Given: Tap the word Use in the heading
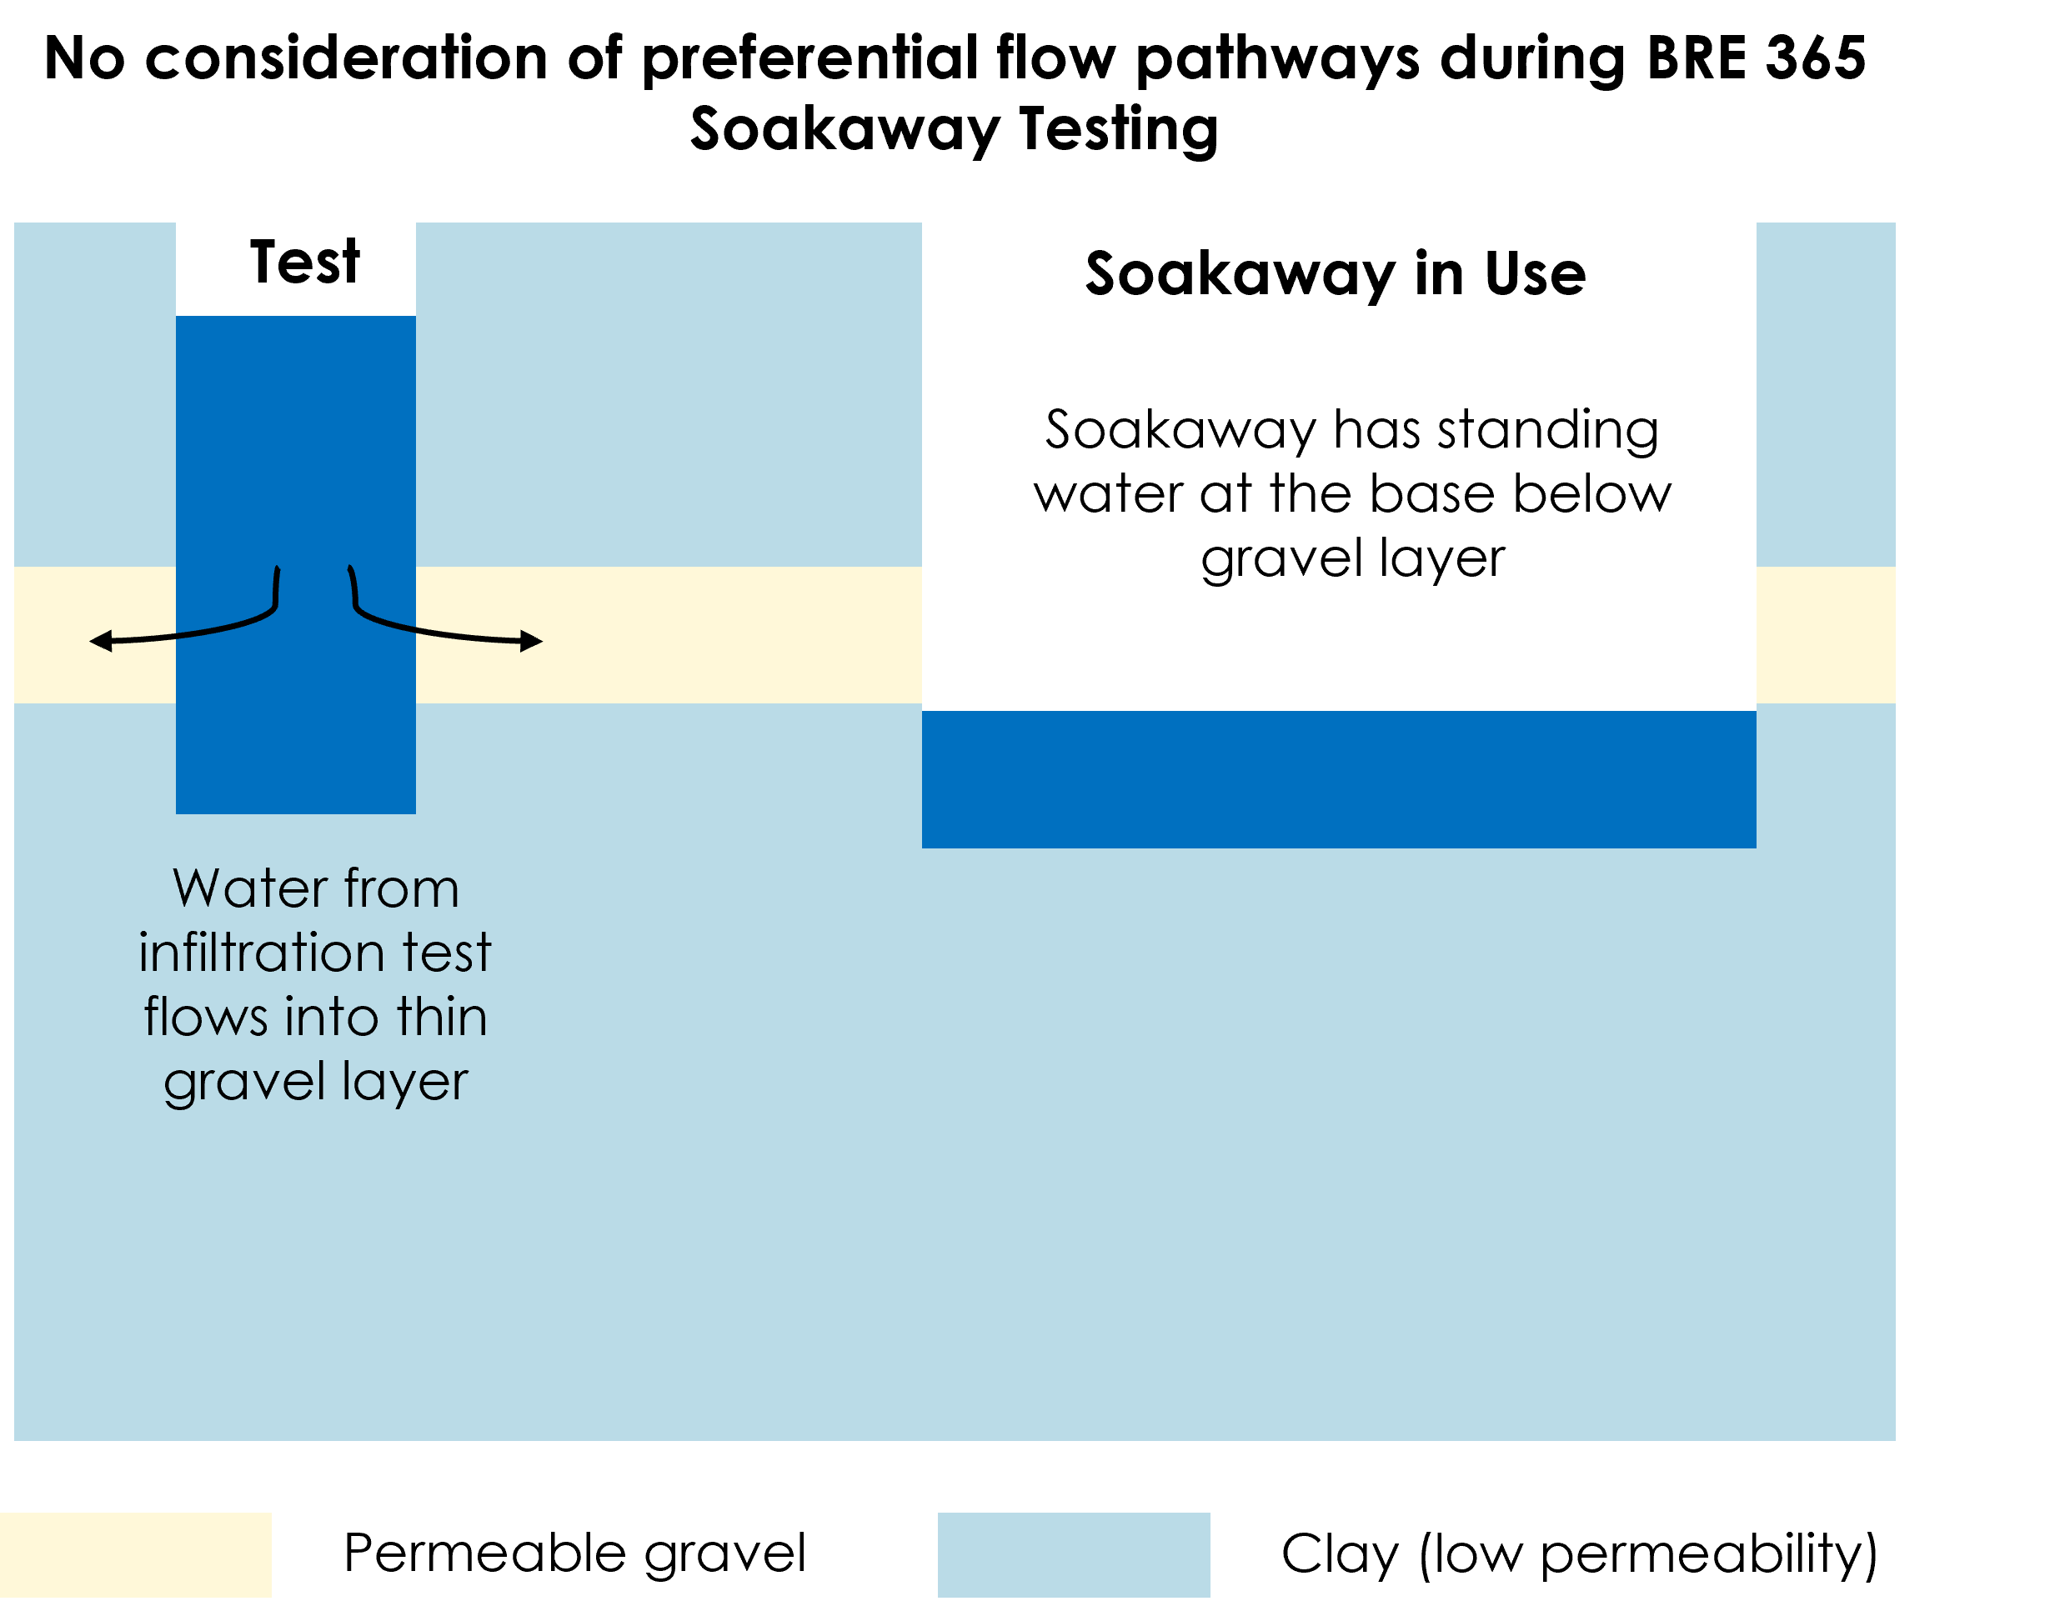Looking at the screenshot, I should click(x=1535, y=274).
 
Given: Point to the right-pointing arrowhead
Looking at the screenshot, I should click(x=532, y=641).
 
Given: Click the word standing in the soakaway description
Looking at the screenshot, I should click(x=1547, y=432).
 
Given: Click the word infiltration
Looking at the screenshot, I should click(x=261, y=952).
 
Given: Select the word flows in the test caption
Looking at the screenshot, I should click(x=205, y=1017).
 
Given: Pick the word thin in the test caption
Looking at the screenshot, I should click(x=442, y=1017).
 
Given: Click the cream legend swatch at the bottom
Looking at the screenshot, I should click(x=135, y=1554).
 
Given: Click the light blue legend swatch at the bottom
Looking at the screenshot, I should click(x=1073, y=1554).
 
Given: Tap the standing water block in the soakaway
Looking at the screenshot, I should click(x=1338, y=778).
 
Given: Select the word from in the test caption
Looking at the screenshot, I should click(x=401, y=888).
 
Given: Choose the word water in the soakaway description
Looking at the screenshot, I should click(x=1108, y=494).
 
